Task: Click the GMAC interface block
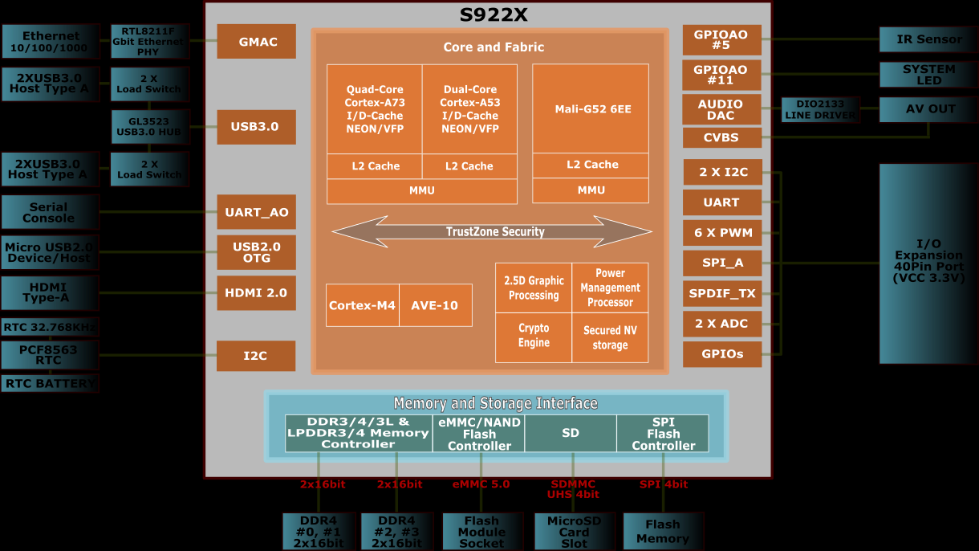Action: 256,42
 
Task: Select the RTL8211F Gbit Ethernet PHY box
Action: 150,41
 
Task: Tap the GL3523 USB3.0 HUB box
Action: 150,127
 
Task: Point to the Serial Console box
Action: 50,212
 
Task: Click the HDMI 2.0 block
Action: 256,293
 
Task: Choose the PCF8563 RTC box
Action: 50,355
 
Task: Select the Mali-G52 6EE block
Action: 591,109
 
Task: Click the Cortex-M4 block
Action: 362,305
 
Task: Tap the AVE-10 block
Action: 435,305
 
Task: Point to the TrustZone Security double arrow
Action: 493,232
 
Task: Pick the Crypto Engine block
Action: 534,336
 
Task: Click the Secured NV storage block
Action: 610,337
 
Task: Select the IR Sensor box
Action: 928,39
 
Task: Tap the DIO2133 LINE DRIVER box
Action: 820,110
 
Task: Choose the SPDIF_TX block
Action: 721,293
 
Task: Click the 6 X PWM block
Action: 721,233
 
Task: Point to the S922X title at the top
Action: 493,15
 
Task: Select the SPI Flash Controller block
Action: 663,434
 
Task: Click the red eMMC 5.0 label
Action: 481,484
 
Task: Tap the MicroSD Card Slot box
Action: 574,532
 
